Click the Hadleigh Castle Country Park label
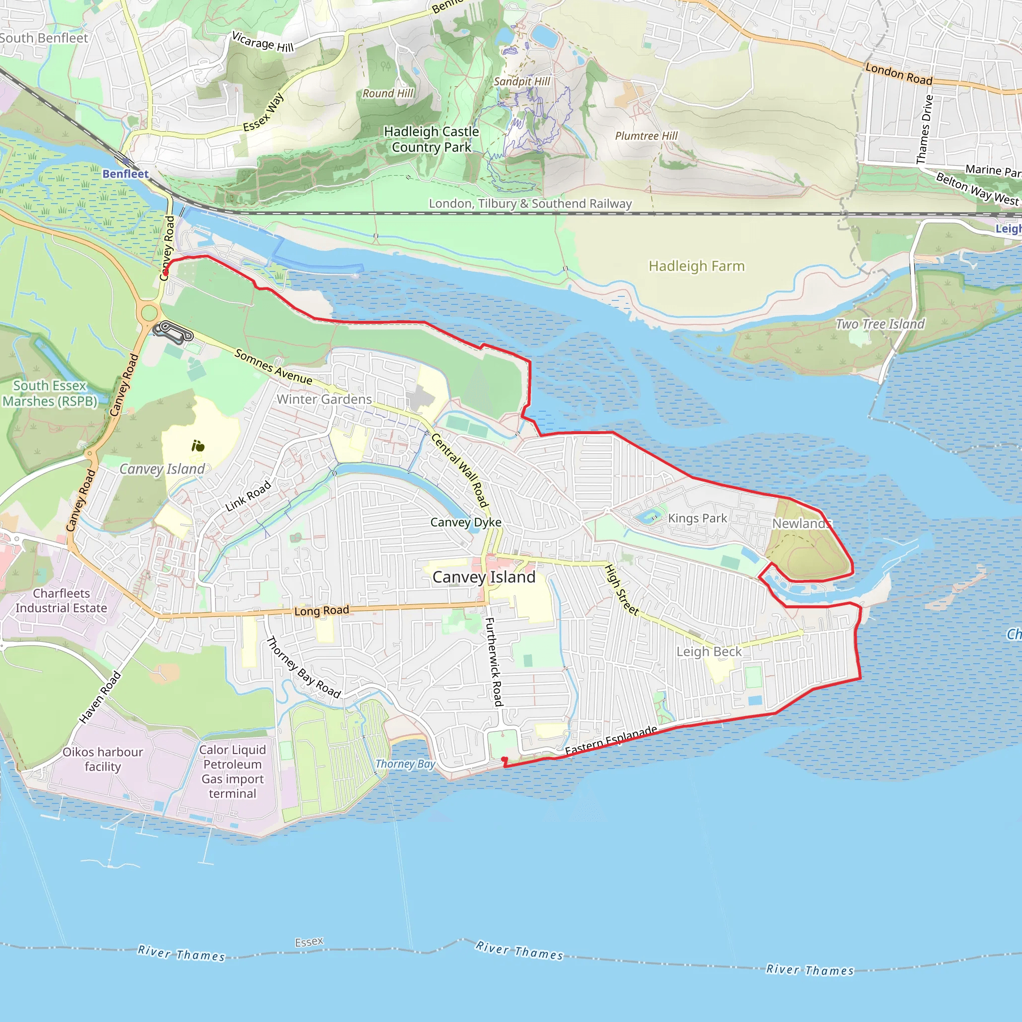point(431,139)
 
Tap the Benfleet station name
point(125,174)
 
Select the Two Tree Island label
point(880,324)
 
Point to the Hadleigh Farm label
point(697,265)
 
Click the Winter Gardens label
point(324,399)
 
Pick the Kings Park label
point(697,518)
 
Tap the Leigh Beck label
point(709,651)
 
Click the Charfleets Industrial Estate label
point(61,600)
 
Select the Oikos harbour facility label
point(103,759)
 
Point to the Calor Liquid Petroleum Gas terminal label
point(232,771)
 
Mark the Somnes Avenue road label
point(273,366)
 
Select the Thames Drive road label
point(925,129)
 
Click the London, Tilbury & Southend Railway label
point(530,204)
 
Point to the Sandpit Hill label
point(521,81)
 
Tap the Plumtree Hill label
point(646,136)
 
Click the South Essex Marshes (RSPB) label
point(50,393)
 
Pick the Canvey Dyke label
point(466,522)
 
